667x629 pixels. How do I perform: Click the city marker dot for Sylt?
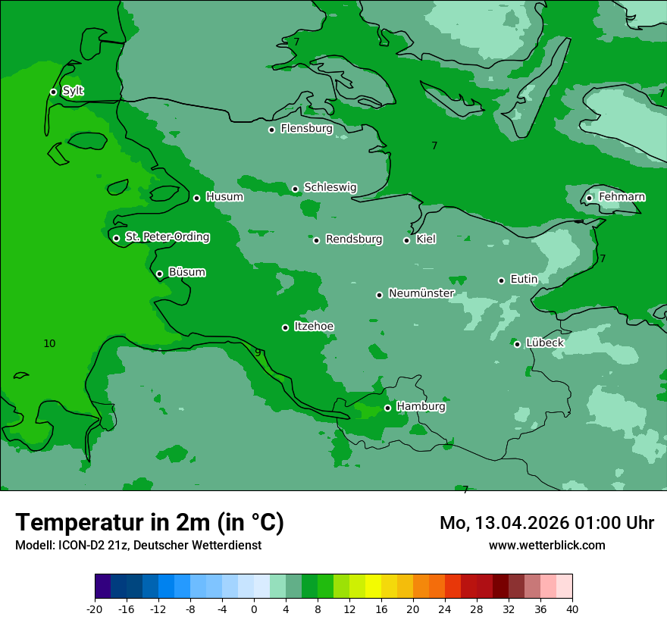point(53,92)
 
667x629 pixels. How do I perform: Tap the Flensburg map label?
point(306,129)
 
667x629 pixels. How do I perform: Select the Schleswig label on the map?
point(330,187)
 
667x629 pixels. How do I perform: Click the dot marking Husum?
point(196,198)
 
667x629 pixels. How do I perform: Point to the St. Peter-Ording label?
point(167,237)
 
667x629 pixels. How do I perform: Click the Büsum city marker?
point(159,274)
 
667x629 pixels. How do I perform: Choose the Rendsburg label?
point(353,239)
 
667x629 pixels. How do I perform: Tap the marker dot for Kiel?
point(406,240)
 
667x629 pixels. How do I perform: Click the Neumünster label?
point(421,293)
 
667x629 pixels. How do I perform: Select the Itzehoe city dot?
point(285,327)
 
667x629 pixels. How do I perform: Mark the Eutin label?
point(524,280)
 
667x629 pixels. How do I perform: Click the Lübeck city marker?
point(517,344)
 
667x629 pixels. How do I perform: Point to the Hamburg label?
point(421,407)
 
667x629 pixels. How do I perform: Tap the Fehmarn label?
point(622,197)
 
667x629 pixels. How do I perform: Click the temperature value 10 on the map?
point(49,344)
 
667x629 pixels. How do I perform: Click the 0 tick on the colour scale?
point(254,609)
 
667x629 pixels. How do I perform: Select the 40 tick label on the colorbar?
point(571,609)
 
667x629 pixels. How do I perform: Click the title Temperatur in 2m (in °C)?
point(149,522)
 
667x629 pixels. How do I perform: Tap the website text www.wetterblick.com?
point(546,545)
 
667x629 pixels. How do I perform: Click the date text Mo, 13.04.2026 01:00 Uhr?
point(546,523)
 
